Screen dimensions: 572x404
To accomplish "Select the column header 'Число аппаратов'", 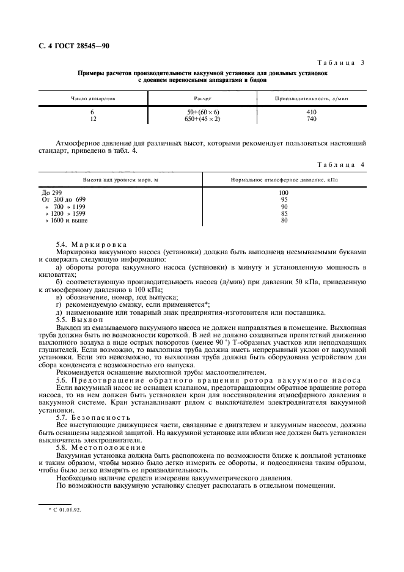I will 93,98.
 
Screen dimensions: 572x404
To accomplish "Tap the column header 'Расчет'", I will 202,98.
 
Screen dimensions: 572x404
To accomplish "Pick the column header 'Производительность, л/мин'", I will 311,98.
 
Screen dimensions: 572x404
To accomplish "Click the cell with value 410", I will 311,112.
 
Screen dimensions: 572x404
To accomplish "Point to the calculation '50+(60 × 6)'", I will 202,112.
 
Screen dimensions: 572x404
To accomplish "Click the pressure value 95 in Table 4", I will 284,199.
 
